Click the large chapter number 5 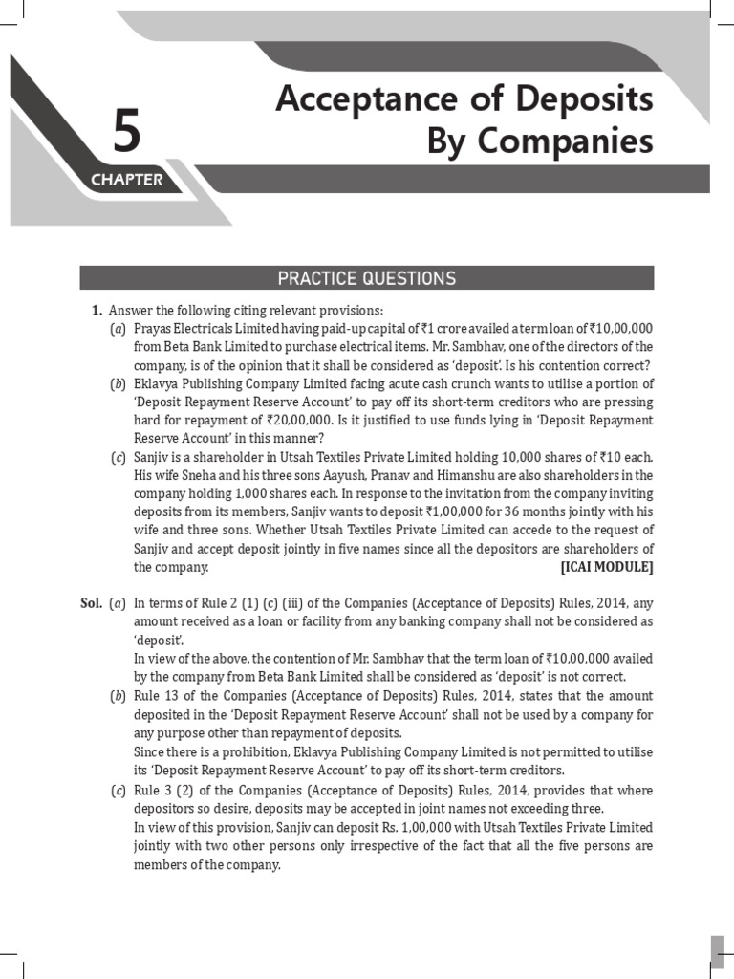point(126,132)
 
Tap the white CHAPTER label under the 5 point(126,180)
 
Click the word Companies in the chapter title point(569,141)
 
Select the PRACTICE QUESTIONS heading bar point(367,278)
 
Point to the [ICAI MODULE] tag point(607,567)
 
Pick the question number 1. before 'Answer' point(97,310)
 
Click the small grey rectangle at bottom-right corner point(717,951)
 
